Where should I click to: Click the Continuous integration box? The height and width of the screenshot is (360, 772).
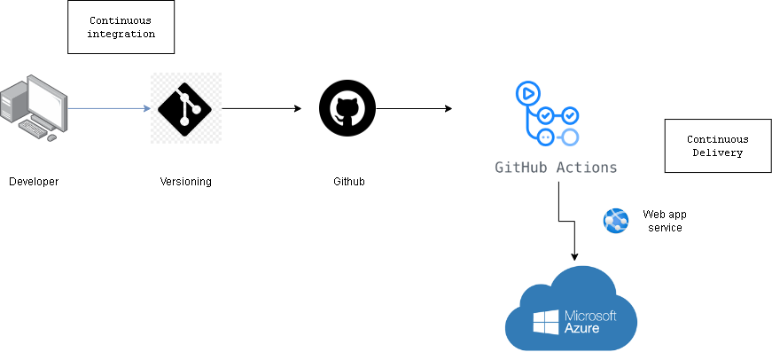click(x=121, y=27)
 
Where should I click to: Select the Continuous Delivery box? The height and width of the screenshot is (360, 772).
click(x=717, y=146)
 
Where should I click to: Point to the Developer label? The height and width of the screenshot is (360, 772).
click(x=34, y=182)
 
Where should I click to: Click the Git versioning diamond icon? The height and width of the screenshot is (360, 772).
click(x=185, y=108)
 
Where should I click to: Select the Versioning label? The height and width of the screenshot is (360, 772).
click(x=185, y=182)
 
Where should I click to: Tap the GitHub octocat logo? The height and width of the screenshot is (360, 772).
click(x=347, y=108)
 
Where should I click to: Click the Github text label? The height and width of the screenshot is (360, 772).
click(x=348, y=182)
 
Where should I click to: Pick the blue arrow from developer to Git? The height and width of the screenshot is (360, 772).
click(x=108, y=108)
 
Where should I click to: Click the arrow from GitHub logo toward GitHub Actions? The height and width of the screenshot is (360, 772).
click(x=414, y=108)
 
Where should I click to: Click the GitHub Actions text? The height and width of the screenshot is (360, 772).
click(x=556, y=167)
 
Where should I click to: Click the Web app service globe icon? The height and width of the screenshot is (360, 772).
click(x=615, y=221)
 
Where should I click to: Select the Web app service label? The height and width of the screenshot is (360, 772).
click(x=663, y=221)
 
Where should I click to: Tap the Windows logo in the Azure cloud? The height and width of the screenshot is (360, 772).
click(x=546, y=323)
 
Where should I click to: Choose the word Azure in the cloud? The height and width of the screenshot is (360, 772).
click(x=581, y=329)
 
